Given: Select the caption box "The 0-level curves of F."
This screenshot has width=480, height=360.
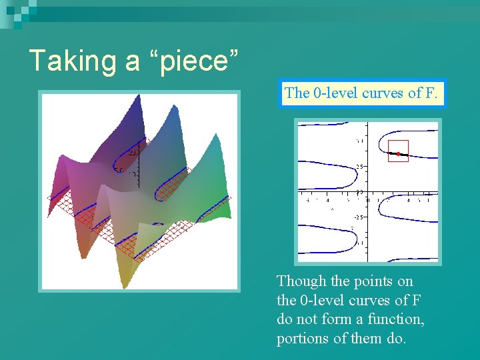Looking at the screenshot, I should [x=361, y=93].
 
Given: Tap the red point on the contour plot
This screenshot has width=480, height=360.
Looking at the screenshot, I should [x=398, y=154].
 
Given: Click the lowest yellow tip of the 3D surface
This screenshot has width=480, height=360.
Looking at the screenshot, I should [x=125, y=283].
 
